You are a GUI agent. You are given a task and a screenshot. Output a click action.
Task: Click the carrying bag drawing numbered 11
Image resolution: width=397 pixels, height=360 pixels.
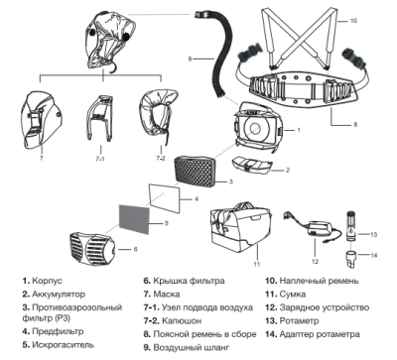(240, 229)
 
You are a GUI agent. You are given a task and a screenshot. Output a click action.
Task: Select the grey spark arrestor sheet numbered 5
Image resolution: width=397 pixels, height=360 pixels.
(134, 219)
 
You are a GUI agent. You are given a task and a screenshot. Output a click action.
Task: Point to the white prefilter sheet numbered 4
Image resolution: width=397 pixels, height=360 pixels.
(164, 198)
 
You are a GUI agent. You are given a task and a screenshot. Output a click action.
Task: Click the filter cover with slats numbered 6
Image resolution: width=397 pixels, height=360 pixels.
(92, 249)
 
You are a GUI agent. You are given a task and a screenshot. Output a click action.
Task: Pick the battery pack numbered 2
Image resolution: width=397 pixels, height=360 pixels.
(252, 165)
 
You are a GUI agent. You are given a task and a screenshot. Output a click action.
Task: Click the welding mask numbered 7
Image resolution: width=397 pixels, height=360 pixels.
(41, 120)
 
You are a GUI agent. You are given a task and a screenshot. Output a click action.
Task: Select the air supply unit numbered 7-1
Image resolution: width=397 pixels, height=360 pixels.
(100, 118)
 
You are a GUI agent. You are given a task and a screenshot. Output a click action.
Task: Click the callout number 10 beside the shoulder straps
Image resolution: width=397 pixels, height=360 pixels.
(353, 21)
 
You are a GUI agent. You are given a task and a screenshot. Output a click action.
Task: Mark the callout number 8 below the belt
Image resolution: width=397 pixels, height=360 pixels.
(355, 125)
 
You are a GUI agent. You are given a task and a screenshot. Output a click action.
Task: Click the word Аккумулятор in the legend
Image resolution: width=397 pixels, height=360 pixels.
(59, 295)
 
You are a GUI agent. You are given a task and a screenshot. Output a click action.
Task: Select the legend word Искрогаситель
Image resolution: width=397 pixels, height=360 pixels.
(63, 345)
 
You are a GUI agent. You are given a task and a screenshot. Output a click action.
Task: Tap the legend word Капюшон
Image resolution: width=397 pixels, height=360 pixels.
(182, 321)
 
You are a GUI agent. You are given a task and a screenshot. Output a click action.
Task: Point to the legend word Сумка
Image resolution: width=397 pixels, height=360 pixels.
(293, 295)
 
